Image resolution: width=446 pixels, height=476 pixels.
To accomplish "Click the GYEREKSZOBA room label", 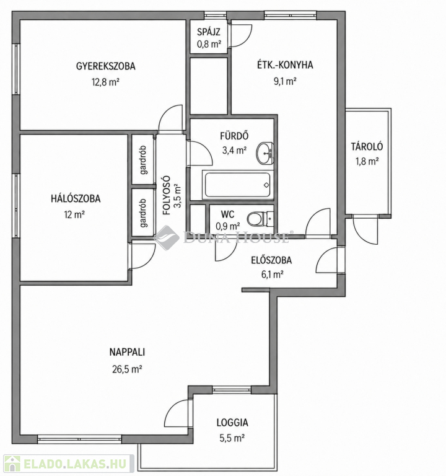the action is tap(105, 66).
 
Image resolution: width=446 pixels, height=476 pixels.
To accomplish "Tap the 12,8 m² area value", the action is tap(105, 82).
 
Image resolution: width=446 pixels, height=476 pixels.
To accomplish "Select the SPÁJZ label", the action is tap(208, 32).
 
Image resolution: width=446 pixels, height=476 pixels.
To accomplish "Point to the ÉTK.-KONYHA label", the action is tap(285, 65).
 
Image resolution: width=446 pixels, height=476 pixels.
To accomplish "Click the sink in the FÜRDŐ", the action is tap(265, 153).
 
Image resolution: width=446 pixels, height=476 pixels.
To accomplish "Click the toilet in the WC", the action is tap(260, 219).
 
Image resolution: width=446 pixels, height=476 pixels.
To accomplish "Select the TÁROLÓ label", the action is tap(367, 147).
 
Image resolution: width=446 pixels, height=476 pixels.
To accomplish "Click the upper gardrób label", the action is tap(143, 160).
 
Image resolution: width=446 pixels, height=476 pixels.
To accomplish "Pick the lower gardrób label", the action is tap(143, 213).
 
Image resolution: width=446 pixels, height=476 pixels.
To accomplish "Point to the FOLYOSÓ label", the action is tap(166, 195).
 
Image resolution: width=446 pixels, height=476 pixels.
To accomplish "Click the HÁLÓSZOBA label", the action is tap(76, 198).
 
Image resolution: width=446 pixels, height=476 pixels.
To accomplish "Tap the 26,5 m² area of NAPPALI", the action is tap(127, 369).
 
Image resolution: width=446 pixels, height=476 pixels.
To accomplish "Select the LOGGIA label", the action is tap(232, 423).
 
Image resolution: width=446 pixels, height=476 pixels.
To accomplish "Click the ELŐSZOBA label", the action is tap(271, 260).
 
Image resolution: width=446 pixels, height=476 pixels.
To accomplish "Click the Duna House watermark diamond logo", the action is tap(166, 237).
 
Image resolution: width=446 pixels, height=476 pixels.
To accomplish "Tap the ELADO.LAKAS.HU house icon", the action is tap(12, 464).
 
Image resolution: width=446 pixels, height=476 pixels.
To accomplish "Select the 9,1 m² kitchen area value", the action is tap(285, 81).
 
